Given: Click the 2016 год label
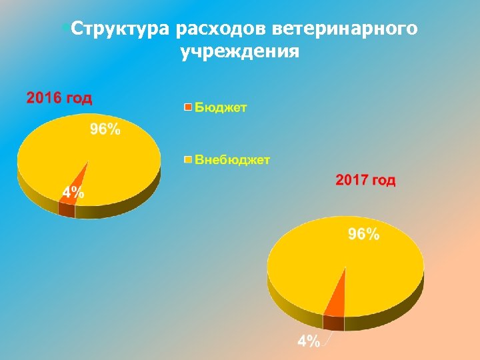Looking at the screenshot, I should point(59,98).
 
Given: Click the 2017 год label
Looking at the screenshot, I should point(365,180).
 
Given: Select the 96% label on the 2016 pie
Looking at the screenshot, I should point(105,130).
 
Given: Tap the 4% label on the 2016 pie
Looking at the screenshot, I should point(73,193).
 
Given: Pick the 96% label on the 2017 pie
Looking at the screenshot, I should point(363,234).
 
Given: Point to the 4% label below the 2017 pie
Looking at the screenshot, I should point(308,341).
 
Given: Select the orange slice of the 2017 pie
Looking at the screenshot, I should point(337,300).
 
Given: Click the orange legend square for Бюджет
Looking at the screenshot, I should point(188,107).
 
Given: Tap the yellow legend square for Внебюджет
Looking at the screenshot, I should point(188,159).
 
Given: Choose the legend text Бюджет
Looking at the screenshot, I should point(220,107).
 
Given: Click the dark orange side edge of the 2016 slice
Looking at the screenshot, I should point(67,210).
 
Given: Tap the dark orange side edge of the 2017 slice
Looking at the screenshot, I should point(333,323).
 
